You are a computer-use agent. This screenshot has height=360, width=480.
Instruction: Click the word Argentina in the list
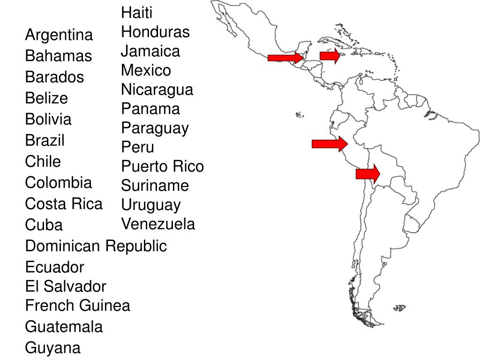pyautogui.click(x=59, y=35)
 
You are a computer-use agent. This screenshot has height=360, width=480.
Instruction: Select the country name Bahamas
pyautogui.click(x=59, y=56)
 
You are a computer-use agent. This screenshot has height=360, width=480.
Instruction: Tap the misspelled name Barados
pyautogui.click(x=55, y=77)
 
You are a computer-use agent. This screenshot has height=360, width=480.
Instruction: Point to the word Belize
pyautogui.click(x=46, y=98)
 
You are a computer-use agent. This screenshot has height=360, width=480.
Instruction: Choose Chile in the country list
pyautogui.click(x=43, y=162)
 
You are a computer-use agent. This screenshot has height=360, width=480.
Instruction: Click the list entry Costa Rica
pyautogui.click(x=64, y=204)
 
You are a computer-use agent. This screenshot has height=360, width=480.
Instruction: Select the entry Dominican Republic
pyautogui.click(x=96, y=246)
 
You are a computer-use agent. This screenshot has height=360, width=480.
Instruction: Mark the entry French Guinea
pyautogui.click(x=78, y=306)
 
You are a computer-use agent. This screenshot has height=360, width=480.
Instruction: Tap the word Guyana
pyautogui.click(x=53, y=348)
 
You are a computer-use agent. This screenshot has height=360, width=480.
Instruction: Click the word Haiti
pyautogui.click(x=137, y=13)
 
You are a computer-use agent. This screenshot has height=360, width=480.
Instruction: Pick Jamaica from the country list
pyautogui.click(x=150, y=51)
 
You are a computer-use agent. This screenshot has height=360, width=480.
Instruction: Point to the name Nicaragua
pyautogui.click(x=157, y=90)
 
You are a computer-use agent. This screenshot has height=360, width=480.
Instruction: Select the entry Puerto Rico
pyautogui.click(x=163, y=166)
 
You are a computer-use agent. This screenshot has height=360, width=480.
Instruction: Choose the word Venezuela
pyautogui.click(x=158, y=224)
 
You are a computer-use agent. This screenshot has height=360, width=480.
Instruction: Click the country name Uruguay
pyautogui.click(x=151, y=205)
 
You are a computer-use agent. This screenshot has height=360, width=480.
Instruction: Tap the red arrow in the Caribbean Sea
pyautogui.click(x=330, y=56)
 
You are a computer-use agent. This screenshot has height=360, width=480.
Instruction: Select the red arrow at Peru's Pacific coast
pyautogui.click(x=330, y=143)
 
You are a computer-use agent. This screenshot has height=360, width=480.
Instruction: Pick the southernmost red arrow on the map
pyautogui.click(x=368, y=174)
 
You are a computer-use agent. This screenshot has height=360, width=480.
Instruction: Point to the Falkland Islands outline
pyautogui.click(x=399, y=308)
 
